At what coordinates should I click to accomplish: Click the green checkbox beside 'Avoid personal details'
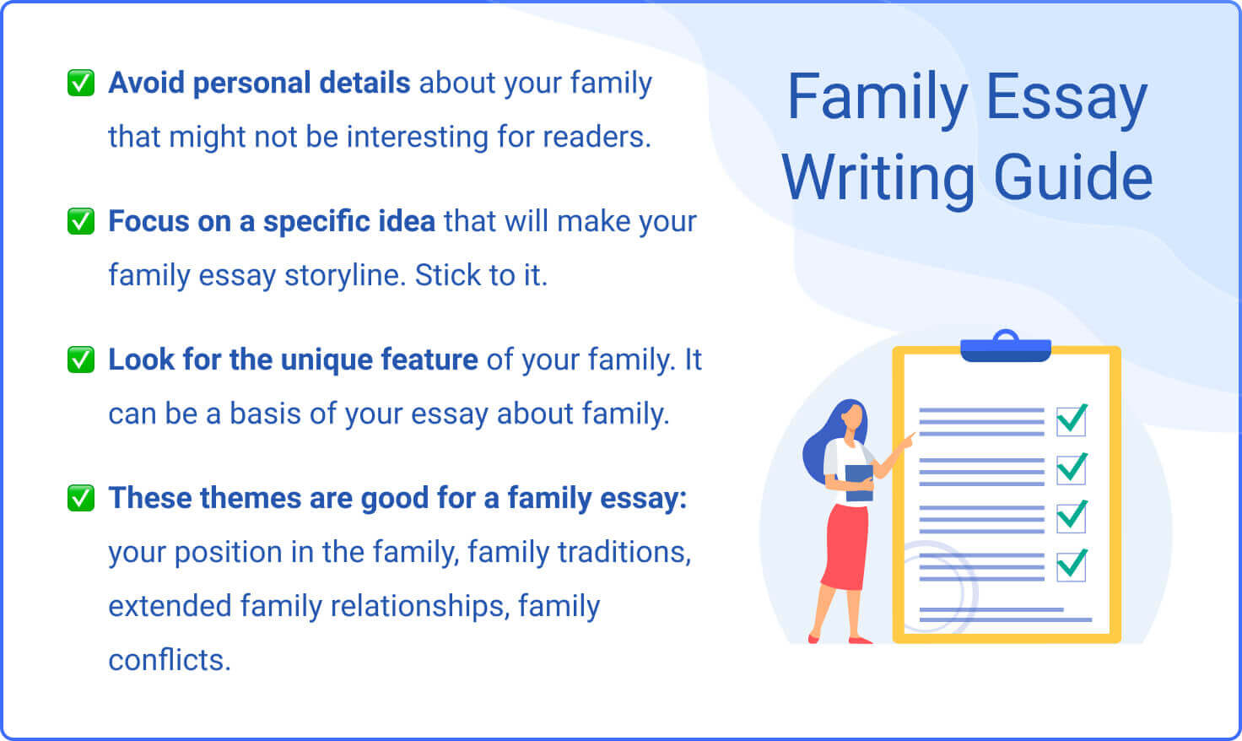point(81,83)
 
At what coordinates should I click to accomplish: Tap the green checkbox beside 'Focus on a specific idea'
point(81,221)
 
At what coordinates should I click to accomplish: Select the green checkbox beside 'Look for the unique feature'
point(81,360)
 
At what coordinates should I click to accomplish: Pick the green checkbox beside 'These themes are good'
point(81,498)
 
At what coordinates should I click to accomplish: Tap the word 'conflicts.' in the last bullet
point(170,660)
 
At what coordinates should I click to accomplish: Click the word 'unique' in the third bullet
point(327,360)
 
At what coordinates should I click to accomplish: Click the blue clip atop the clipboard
point(1006,347)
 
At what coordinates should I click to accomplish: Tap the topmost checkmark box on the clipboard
point(1072,419)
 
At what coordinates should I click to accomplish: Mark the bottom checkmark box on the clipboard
point(1072,564)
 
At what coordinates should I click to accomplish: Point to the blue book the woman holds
point(859,482)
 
